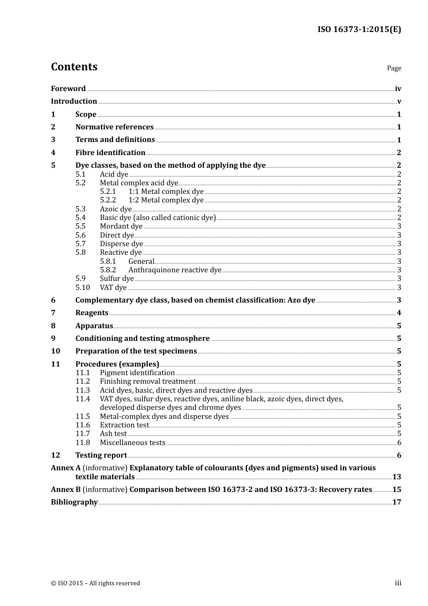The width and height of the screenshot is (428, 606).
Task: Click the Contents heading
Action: click(74, 67)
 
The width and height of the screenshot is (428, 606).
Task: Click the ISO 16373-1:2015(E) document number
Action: click(359, 29)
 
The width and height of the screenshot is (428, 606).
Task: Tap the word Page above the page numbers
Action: click(394, 68)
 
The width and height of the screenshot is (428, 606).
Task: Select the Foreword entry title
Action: click(68, 89)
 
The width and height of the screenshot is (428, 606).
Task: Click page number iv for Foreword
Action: click(398, 89)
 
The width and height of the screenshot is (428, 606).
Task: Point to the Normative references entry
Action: click(114, 127)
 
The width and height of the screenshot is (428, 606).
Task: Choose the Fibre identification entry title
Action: click(110, 153)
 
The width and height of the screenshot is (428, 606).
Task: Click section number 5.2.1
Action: click(108, 192)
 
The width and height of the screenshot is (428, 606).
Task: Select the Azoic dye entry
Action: click(115, 209)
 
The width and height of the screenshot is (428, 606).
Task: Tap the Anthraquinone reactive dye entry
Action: click(175, 270)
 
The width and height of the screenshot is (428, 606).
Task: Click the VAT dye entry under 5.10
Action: click(113, 288)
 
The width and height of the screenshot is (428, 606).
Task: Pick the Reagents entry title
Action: click(92, 313)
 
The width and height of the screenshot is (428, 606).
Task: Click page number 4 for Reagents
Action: click(399, 313)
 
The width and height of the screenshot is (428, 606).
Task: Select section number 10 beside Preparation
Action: click(55, 351)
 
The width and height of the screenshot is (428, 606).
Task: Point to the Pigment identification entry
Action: click(137, 373)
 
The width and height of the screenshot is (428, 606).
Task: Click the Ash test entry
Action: click(113, 434)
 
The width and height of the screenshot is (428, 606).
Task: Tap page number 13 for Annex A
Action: click(396, 477)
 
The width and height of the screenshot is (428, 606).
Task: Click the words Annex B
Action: click(66, 490)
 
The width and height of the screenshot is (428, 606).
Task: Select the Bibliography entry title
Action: click(74, 502)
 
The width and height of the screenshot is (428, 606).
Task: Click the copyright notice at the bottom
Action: click(96, 583)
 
